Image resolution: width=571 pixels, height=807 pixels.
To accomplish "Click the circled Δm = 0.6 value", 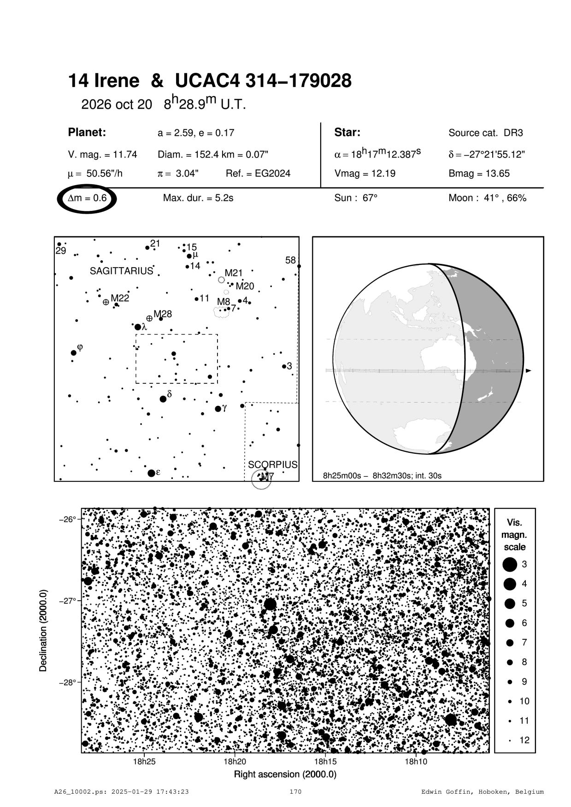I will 87,199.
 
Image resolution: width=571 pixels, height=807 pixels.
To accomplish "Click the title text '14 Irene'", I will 104,81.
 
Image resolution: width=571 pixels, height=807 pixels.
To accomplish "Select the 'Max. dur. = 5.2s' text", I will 198,198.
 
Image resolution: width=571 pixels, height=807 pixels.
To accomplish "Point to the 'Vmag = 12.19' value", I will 365,174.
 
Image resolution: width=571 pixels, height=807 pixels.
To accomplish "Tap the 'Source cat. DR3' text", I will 485,133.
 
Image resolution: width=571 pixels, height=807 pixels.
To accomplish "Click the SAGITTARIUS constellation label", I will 121,271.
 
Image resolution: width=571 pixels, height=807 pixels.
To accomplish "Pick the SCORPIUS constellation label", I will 272,464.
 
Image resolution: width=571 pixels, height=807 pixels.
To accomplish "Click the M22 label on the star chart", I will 120,298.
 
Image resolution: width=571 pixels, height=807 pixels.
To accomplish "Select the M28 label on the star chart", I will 163,314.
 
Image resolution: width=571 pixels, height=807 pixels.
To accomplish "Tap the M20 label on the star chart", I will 245,287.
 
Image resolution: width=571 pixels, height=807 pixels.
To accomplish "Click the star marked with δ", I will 163,399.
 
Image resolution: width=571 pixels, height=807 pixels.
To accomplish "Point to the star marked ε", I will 151,473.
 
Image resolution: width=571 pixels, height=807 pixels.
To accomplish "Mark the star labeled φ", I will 74,353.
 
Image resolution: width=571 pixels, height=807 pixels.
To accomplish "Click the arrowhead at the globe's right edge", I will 529,370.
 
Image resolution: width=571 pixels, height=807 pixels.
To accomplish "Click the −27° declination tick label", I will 67,601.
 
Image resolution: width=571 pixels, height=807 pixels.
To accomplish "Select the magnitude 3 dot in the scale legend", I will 510,564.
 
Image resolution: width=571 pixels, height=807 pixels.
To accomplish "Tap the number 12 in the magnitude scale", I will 524,740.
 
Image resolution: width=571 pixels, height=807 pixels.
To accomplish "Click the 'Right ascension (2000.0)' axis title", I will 285,774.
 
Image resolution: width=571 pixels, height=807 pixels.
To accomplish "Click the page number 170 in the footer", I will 295,792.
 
